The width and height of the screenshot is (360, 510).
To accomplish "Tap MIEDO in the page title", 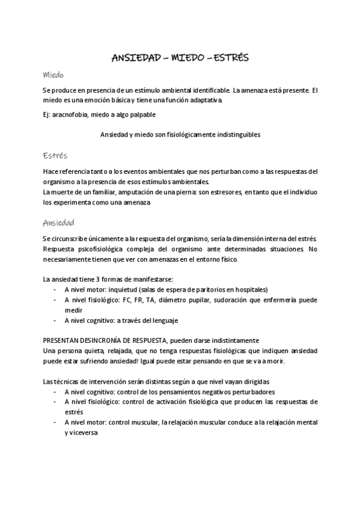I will coord(188,58).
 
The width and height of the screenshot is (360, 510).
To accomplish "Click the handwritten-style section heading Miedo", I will coord(53,75).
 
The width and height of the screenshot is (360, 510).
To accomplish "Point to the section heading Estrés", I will coord(55,155).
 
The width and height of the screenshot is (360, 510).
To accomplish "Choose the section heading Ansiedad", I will coord(59,222).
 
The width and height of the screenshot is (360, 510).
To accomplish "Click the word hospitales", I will coord(249,289).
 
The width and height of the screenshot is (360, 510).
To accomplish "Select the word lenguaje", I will coord(162,321).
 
